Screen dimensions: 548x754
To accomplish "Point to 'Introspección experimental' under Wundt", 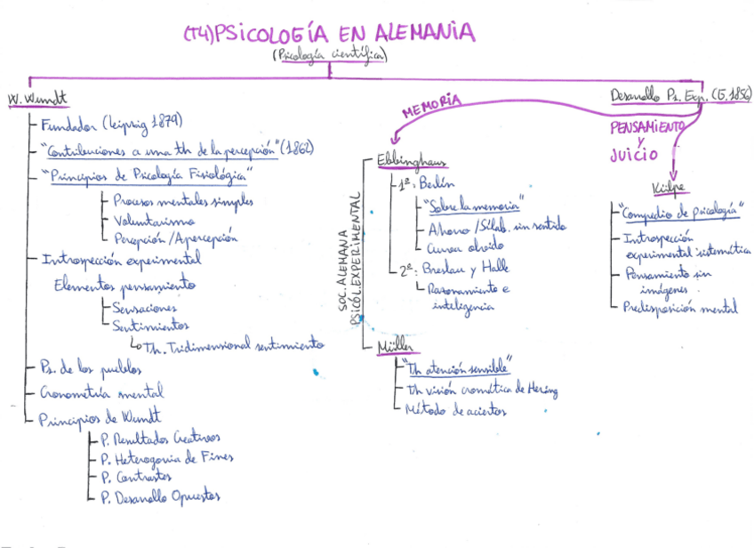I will tap(121, 261).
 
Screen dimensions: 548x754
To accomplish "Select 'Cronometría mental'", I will tap(102, 391).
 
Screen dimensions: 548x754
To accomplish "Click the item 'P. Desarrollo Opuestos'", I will tap(160, 496).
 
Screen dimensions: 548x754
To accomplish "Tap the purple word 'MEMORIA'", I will tap(431, 106).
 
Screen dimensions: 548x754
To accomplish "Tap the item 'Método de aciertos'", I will tap(455, 410).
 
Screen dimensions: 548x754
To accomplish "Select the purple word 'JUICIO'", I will tap(633, 155).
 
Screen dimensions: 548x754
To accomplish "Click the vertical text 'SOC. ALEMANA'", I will tap(343, 267).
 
